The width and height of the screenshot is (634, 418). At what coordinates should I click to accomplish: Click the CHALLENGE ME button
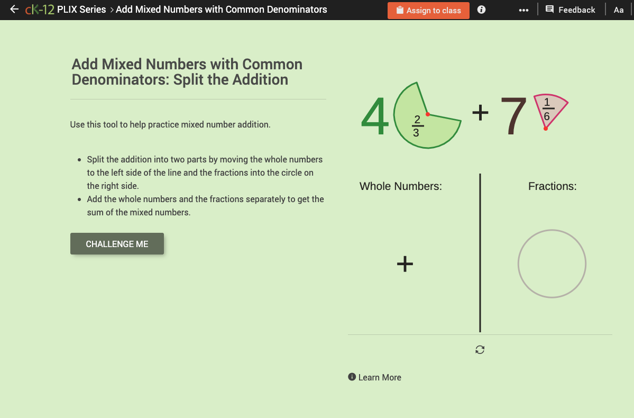117,244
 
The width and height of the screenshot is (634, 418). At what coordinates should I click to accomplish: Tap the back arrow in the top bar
14,10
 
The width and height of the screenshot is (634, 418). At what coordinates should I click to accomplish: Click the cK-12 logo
40,10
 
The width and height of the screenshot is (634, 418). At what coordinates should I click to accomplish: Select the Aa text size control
619,10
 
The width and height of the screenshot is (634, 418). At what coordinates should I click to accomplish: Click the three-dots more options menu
523,10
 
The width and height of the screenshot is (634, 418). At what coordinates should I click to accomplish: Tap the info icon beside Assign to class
481,10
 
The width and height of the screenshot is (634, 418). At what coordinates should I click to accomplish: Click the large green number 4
375,117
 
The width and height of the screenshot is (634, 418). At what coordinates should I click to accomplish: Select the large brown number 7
513,117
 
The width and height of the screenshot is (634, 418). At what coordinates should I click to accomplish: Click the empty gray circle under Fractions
552,263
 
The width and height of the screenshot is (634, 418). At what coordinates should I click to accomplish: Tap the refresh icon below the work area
480,350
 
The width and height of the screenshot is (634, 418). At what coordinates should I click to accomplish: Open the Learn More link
375,377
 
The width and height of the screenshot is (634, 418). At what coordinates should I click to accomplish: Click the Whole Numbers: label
400,186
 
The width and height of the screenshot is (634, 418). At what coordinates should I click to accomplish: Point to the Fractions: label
552,186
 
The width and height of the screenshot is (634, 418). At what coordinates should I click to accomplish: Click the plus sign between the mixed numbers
480,113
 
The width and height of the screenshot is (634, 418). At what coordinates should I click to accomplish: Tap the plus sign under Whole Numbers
405,264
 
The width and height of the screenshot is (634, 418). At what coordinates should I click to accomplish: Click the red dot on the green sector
428,114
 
